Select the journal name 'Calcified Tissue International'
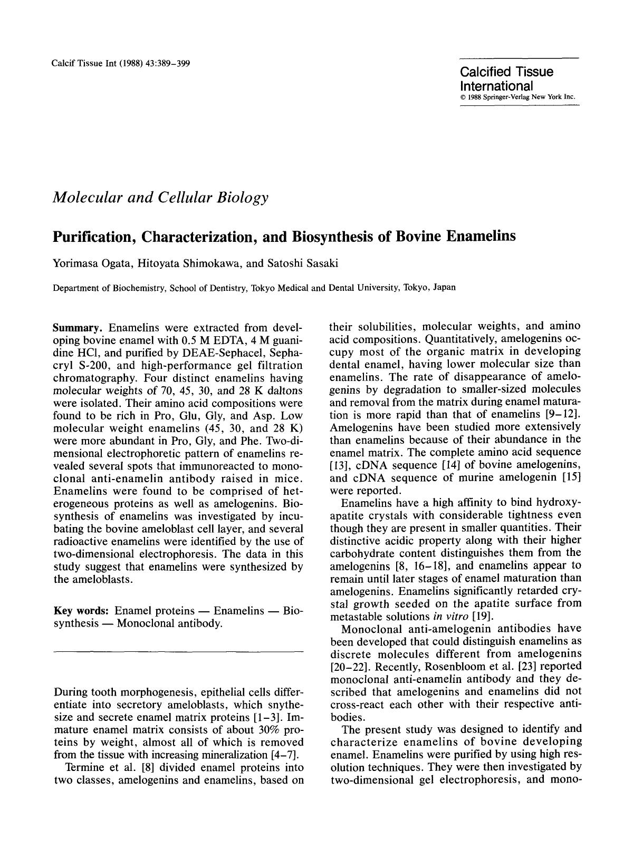506,79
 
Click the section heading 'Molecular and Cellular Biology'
160,198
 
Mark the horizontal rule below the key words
178,652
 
